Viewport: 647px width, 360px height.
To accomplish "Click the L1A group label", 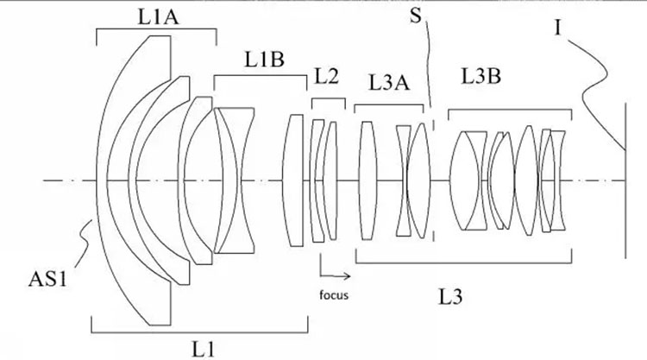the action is click(x=158, y=18).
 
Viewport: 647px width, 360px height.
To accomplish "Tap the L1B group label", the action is click(x=265, y=60).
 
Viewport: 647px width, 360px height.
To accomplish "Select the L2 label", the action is click(x=326, y=76).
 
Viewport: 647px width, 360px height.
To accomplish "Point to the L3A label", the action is click(x=389, y=83).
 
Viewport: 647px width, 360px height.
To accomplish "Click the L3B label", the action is click(x=481, y=76).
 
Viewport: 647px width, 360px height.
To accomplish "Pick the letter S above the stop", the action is click(x=416, y=16).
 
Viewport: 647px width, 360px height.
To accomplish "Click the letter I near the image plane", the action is click(x=557, y=28).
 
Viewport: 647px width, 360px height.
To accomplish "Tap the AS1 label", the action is click(x=47, y=279).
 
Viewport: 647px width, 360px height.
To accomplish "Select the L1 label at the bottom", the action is click(x=204, y=350).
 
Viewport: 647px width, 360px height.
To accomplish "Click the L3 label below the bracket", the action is click(x=449, y=296).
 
